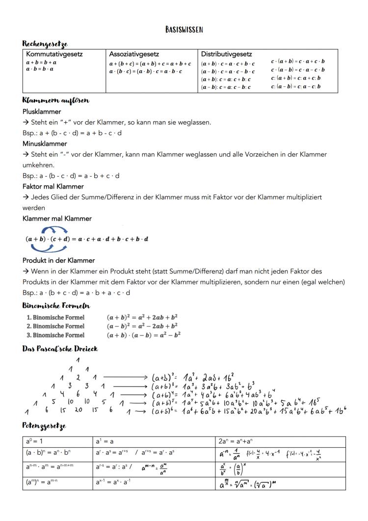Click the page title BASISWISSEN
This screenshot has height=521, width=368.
pyautogui.click(x=184, y=30)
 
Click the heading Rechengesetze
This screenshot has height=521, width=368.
pyautogui.click(x=45, y=44)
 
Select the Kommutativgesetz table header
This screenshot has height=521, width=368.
pyautogui.click(x=54, y=54)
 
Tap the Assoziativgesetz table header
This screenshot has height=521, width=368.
pyautogui.click(x=134, y=54)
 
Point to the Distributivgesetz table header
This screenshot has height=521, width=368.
pyautogui.click(x=226, y=54)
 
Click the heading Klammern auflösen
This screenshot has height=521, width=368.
pyautogui.click(x=55, y=100)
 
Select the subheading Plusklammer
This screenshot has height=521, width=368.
pyautogui.click(x=42, y=111)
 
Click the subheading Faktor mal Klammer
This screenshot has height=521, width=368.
pyautogui.click(x=53, y=186)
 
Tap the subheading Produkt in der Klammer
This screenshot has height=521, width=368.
pyautogui.click(x=59, y=260)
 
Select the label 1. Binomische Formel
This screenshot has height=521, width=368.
pyautogui.click(x=55, y=317)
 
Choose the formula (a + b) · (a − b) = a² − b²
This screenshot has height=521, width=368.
pyautogui.click(x=143, y=334)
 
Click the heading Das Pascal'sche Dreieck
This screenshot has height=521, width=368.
pyautogui.click(x=60, y=349)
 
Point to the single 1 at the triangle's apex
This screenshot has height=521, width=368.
pyautogui.click(x=78, y=360)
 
